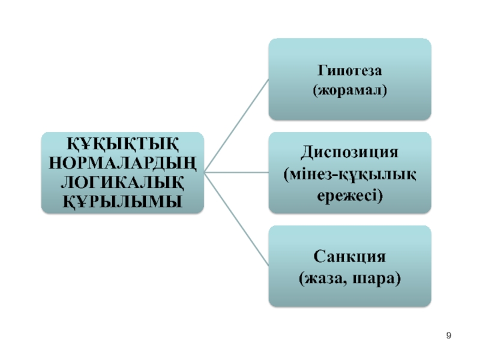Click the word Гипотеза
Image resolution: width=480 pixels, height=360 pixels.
tap(349, 71)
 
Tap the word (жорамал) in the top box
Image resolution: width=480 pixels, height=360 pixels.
tap(349, 91)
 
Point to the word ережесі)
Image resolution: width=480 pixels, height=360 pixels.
tap(350, 194)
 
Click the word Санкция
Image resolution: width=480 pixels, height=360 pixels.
tap(349, 257)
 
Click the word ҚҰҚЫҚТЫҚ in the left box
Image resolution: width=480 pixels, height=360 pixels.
tap(122, 145)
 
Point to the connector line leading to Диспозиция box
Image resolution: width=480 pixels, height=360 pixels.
tap(236, 173)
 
